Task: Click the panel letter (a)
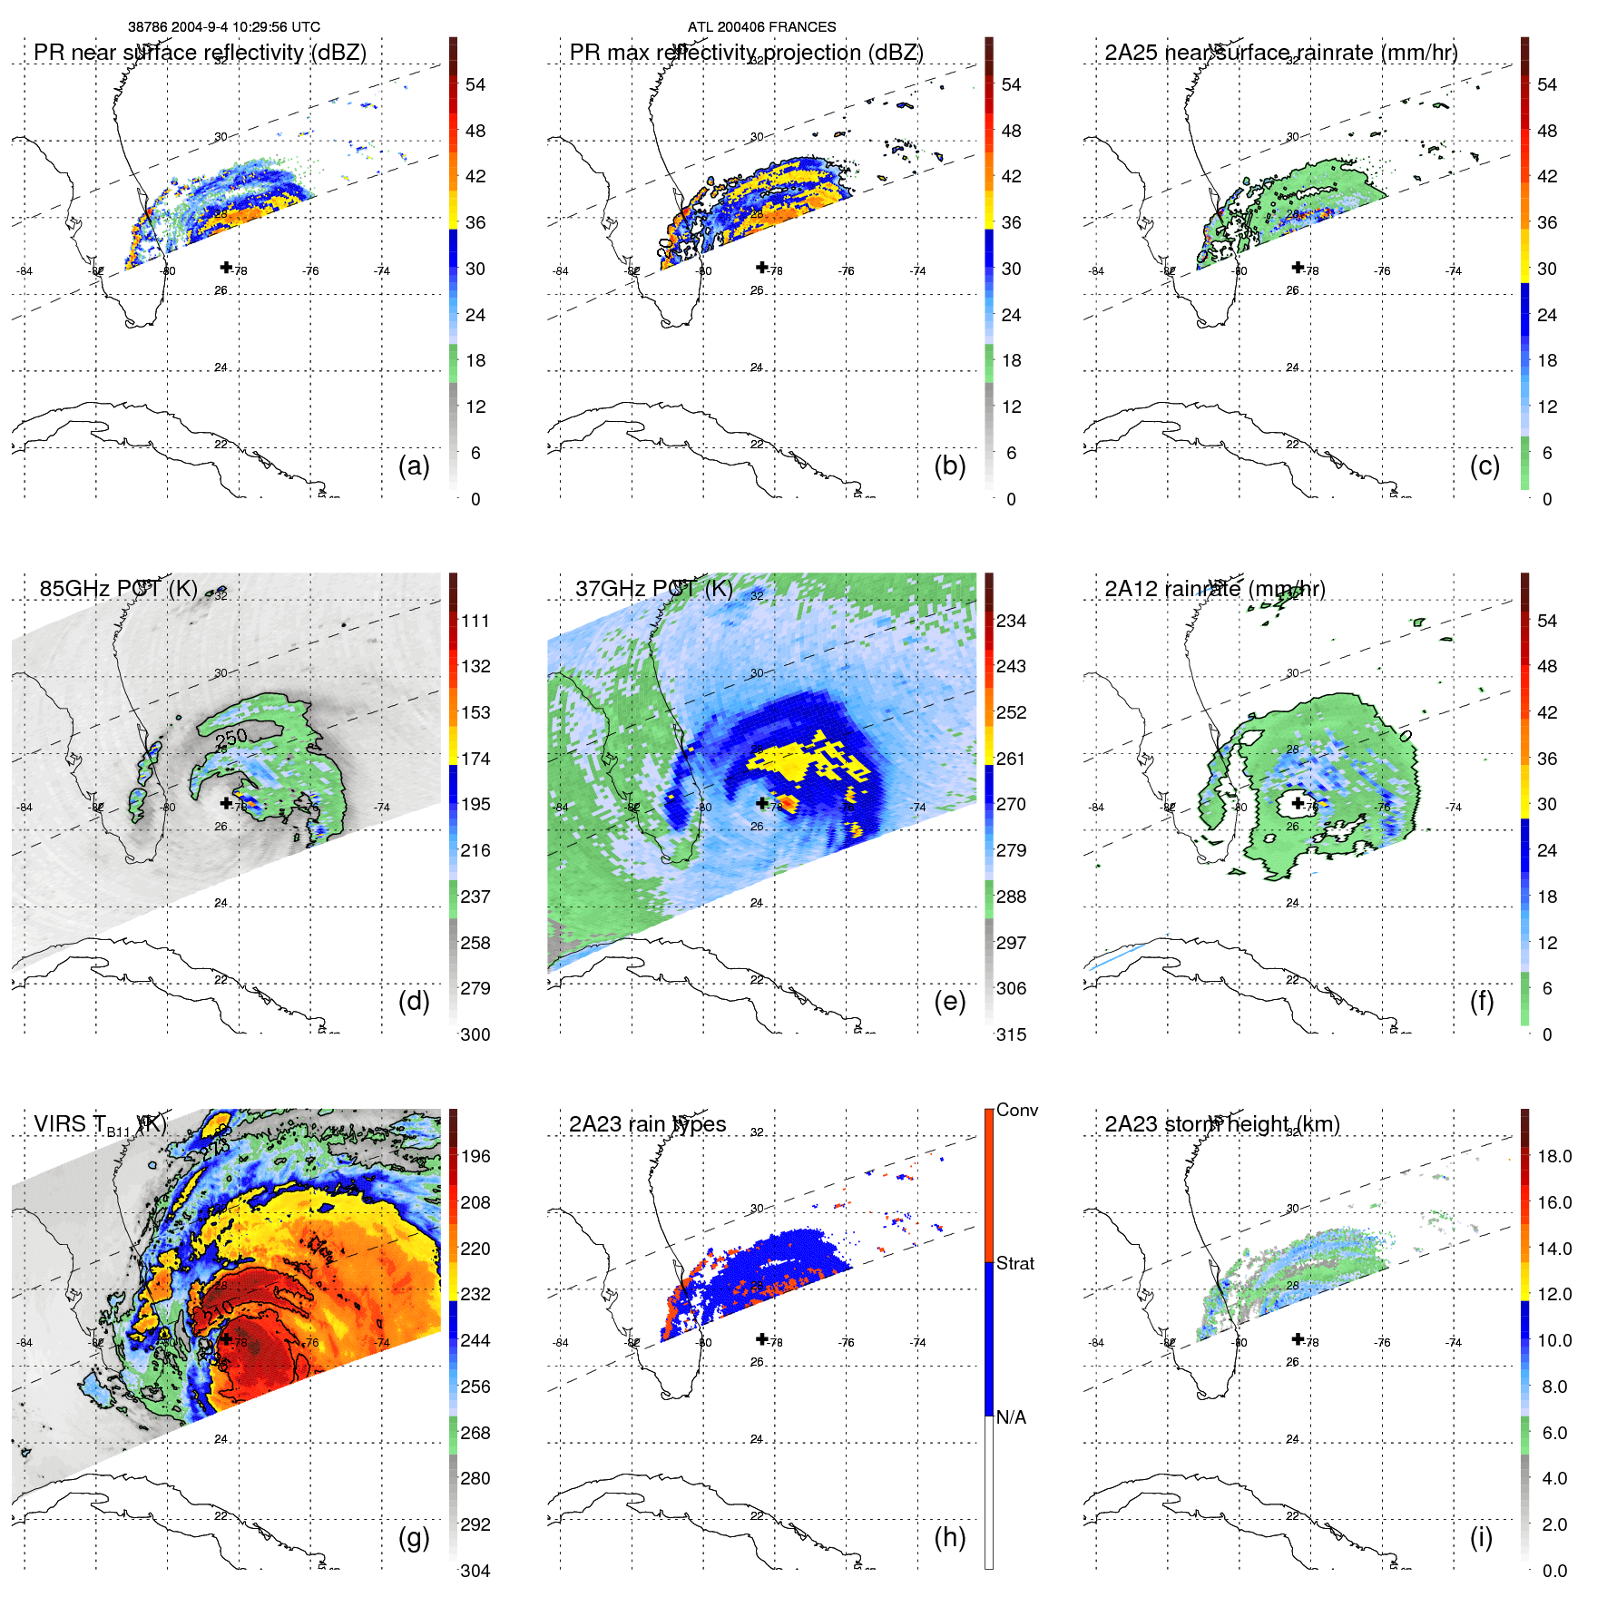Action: click(x=414, y=466)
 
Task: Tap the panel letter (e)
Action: click(x=949, y=1002)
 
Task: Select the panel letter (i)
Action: click(x=1481, y=1537)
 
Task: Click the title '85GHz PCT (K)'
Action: click(x=119, y=589)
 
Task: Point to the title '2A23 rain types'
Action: click(x=648, y=1124)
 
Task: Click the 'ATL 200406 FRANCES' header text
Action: click(x=762, y=27)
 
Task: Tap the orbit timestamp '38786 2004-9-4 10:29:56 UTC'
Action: click(x=224, y=27)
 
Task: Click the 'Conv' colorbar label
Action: click(x=1017, y=1110)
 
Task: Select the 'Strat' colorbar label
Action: click(x=1015, y=1263)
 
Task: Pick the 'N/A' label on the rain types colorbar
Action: click(x=1011, y=1417)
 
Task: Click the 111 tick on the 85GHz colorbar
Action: click(x=475, y=621)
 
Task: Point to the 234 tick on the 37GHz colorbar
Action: click(x=1011, y=621)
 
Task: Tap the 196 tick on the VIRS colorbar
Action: click(x=475, y=1156)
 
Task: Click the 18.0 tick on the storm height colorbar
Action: click(x=1554, y=1156)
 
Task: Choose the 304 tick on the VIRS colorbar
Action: click(x=475, y=1571)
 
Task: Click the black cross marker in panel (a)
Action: click(x=226, y=267)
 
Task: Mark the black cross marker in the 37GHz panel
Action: click(x=762, y=803)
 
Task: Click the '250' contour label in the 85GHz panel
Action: click(x=231, y=739)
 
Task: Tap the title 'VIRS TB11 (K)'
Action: click(x=100, y=1125)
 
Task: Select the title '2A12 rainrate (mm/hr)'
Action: click(x=1215, y=589)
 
